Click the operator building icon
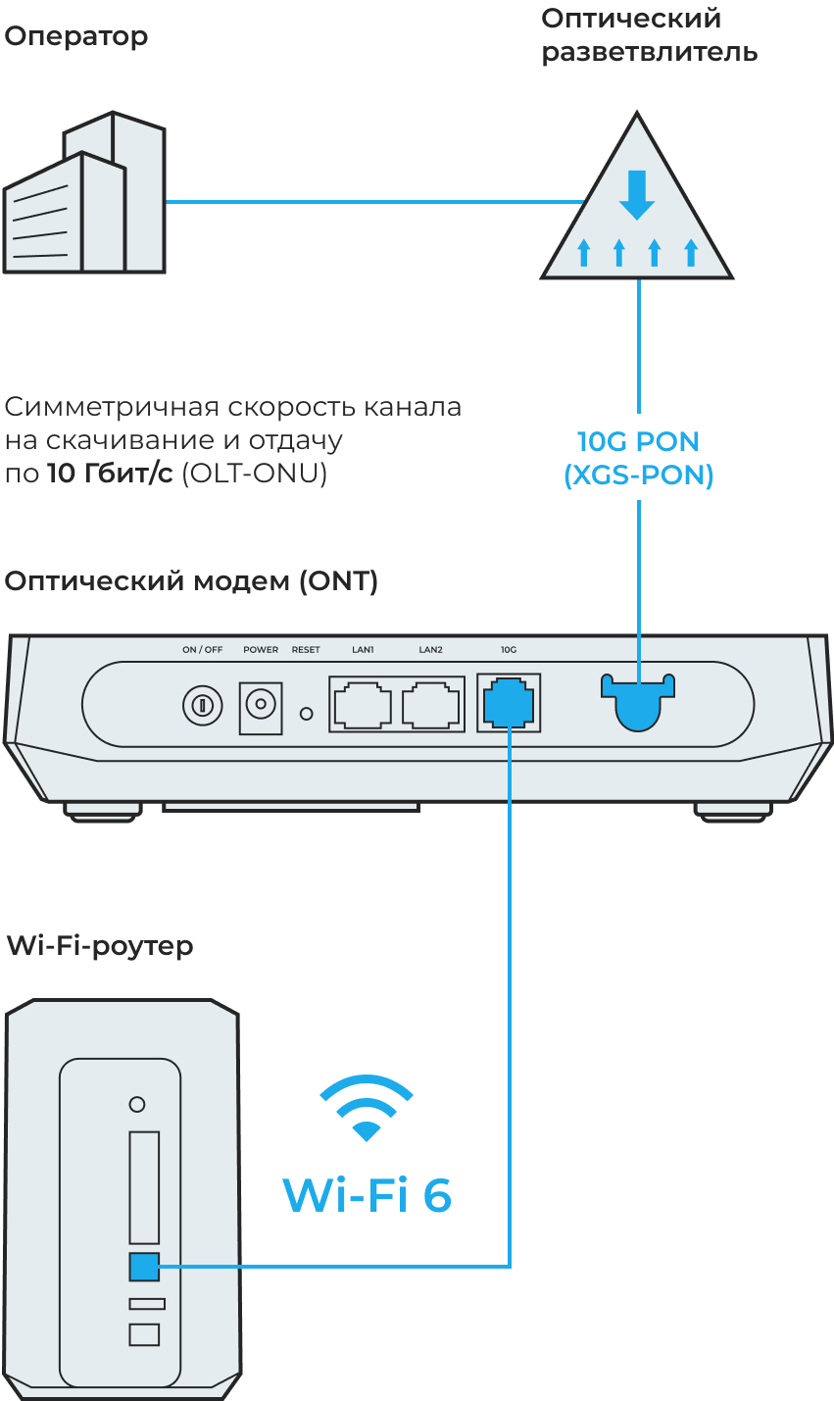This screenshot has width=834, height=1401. [x=84, y=195]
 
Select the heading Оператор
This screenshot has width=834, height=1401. [x=76, y=36]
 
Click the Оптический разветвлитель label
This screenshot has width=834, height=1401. [x=649, y=35]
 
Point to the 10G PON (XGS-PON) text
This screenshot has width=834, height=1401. [x=638, y=458]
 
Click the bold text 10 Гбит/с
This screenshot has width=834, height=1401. [x=110, y=474]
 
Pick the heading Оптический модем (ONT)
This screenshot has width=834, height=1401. [x=191, y=581]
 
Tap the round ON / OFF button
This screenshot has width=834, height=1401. [x=202, y=705]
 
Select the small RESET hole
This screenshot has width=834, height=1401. [x=306, y=713]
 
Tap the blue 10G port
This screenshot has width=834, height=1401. [x=509, y=703]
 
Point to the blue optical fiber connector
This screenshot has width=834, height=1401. [x=638, y=702]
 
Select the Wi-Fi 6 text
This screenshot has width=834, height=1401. [x=367, y=1195]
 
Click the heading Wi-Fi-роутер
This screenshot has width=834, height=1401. [x=100, y=946]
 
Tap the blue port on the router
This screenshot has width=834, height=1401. [x=144, y=1266]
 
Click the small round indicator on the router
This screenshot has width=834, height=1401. [x=137, y=1104]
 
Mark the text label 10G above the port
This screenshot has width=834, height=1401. [x=508, y=650]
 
